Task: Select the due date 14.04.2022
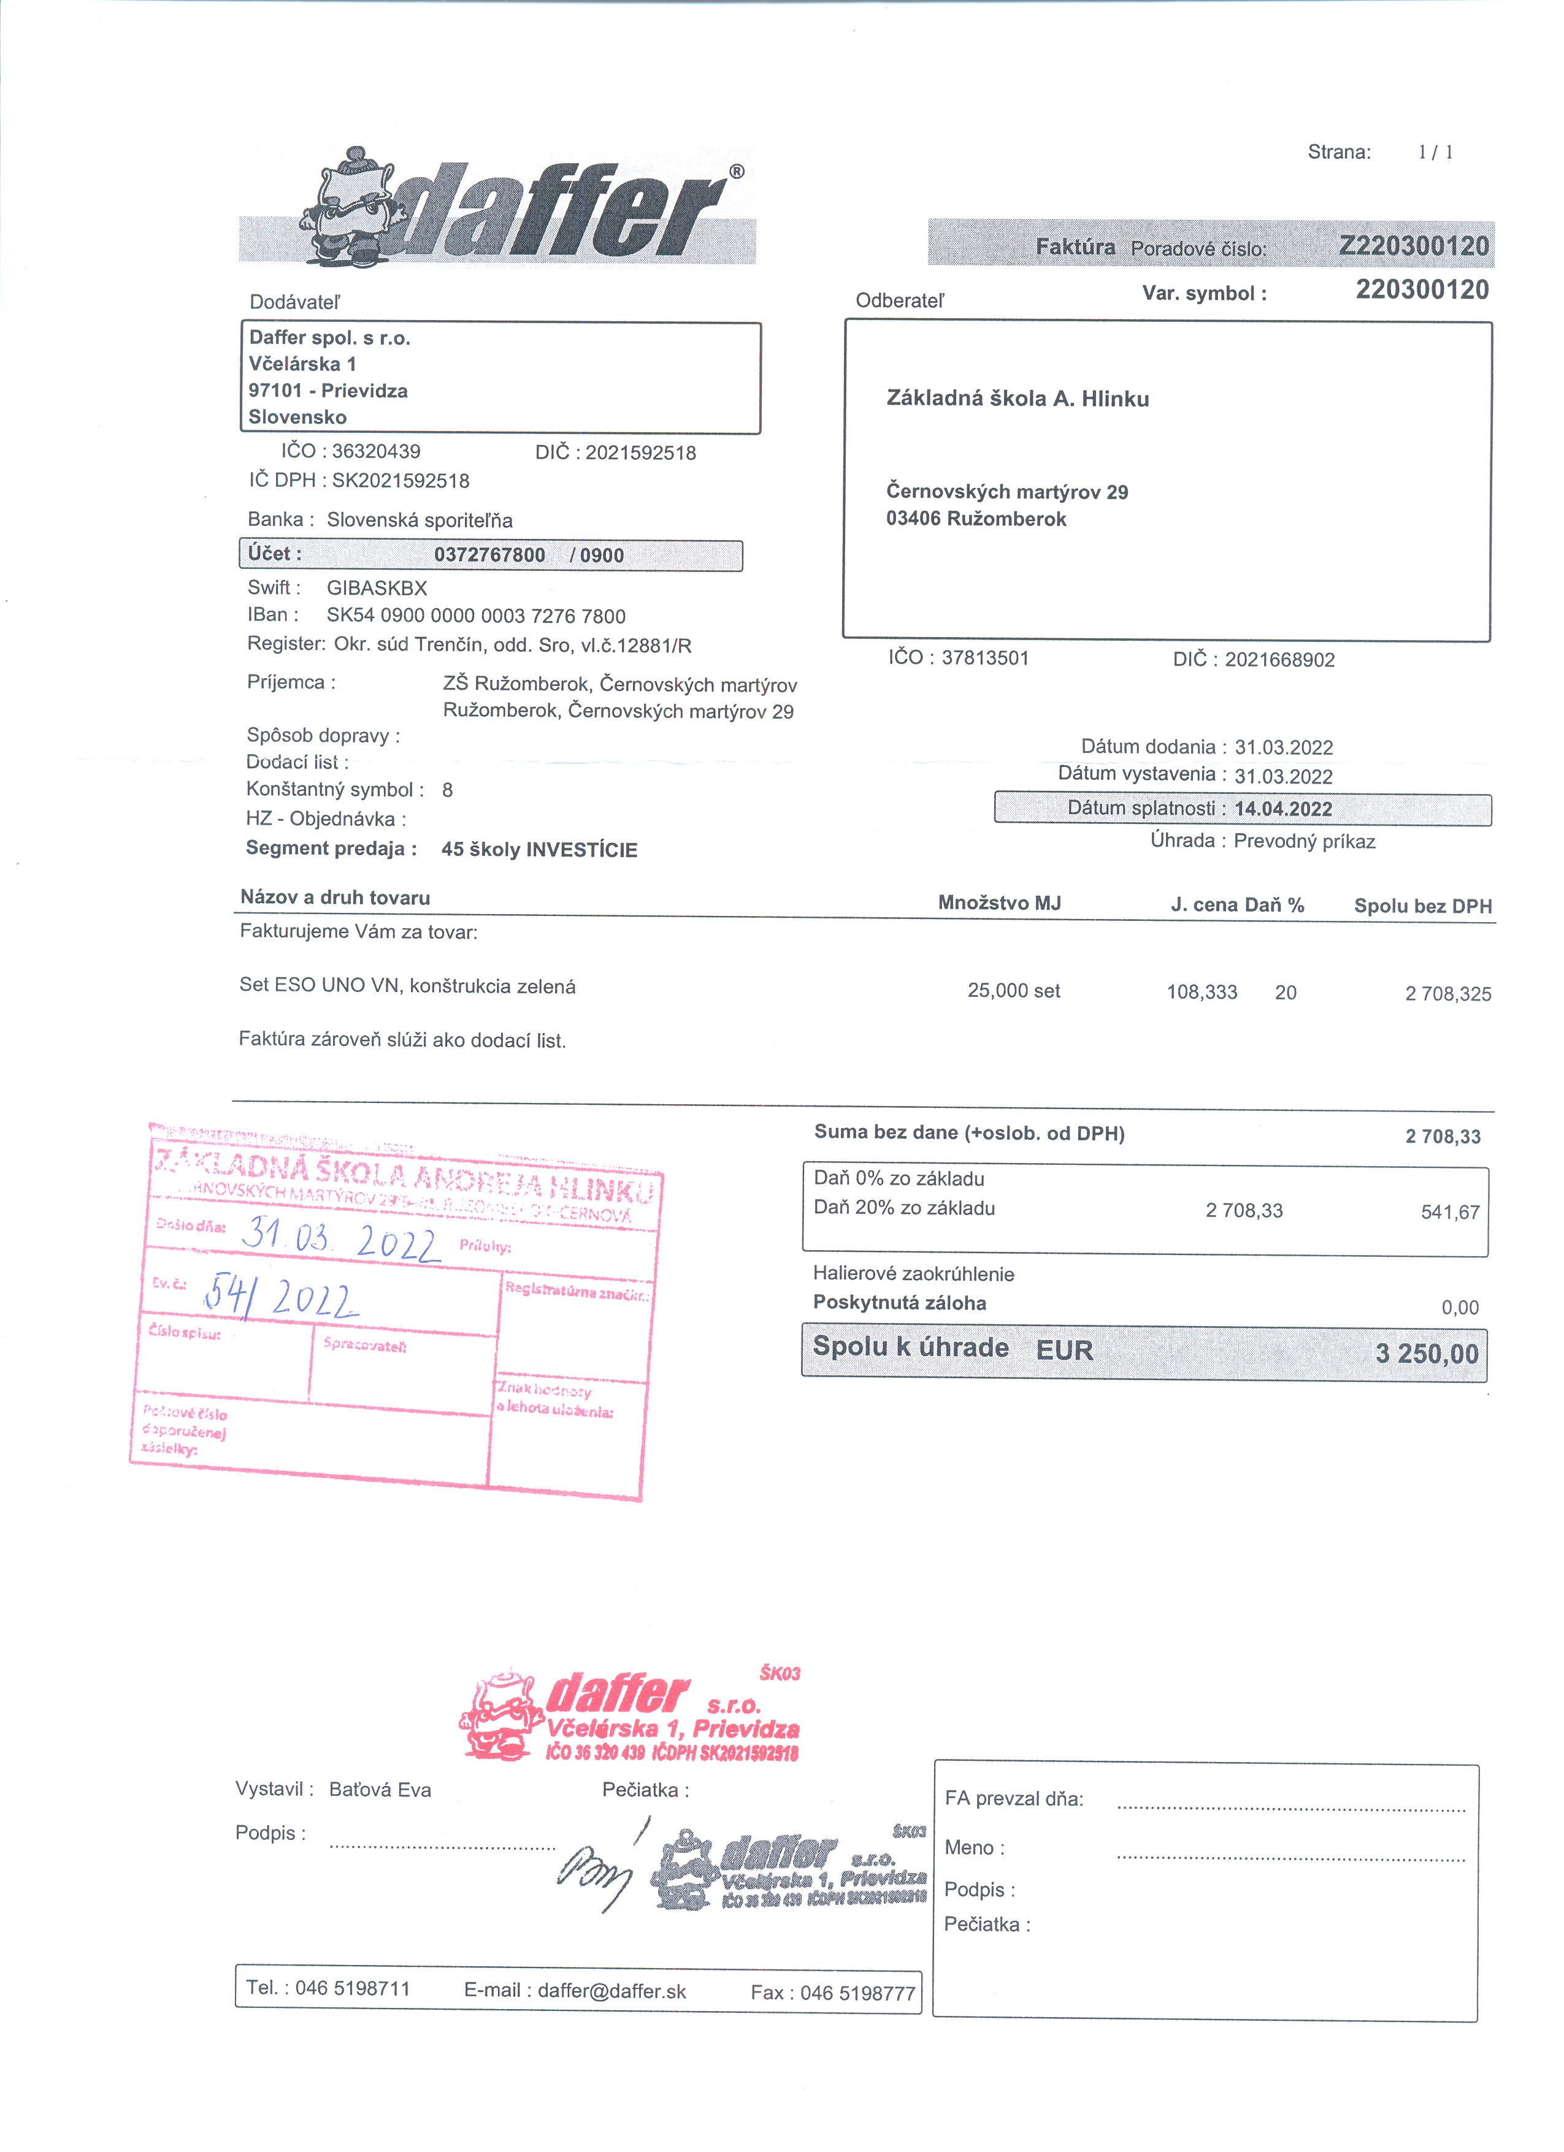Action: [1283, 809]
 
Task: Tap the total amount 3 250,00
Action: [1427, 1353]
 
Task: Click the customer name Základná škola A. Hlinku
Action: [1018, 399]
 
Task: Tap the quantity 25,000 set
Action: [1014, 991]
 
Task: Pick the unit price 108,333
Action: [1202, 993]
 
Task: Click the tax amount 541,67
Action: [1450, 1211]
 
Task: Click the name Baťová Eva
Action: [380, 1790]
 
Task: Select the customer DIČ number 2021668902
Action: [1279, 660]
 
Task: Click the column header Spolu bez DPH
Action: [1422, 906]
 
